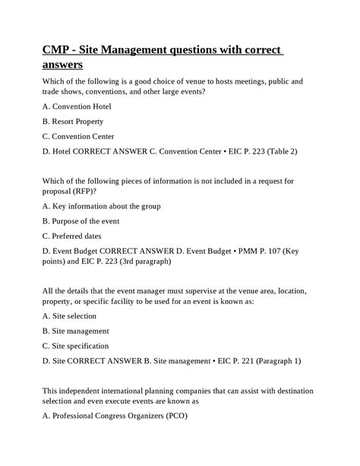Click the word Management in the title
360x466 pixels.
(x=125, y=50)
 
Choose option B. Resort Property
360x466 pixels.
(x=73, y=121)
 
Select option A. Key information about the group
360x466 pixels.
(x=101, y=206)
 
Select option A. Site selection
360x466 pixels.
(x=69, y=316)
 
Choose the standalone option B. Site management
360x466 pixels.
(x=76, y=331)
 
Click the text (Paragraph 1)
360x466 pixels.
(x=274, y=361)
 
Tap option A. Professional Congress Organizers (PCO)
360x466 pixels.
(x=114, y=416)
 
